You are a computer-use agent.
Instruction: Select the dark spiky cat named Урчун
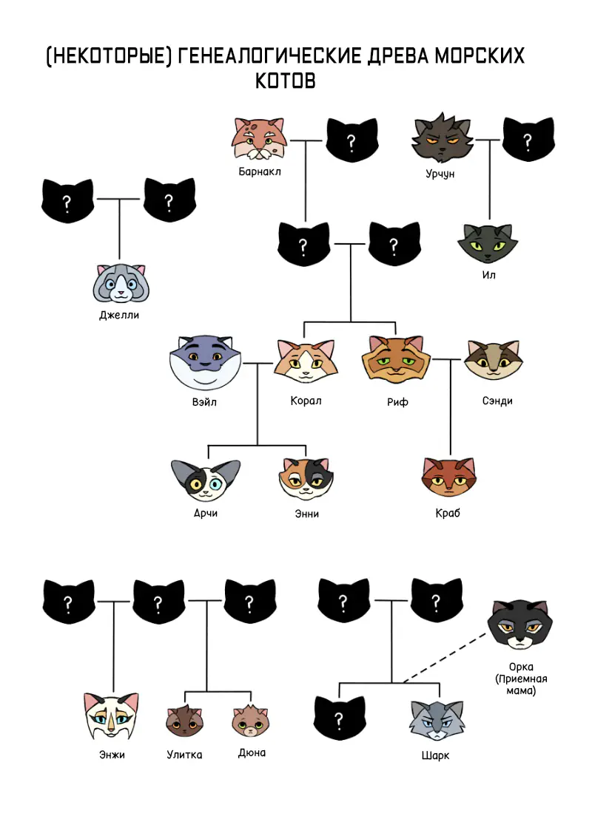[x=443, y=138]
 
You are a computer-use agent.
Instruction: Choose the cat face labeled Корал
[x=306, y=361]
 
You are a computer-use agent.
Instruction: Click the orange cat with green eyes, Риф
[x=396, y=360]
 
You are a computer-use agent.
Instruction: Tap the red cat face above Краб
[x=448, y=478]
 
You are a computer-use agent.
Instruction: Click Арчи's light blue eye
[x=215, y=485]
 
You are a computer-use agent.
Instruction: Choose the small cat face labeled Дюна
[x=251, y=721]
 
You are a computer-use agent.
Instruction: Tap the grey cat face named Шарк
[x=437, y=721]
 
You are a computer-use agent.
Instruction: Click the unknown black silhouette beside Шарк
[x=340, y=719]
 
